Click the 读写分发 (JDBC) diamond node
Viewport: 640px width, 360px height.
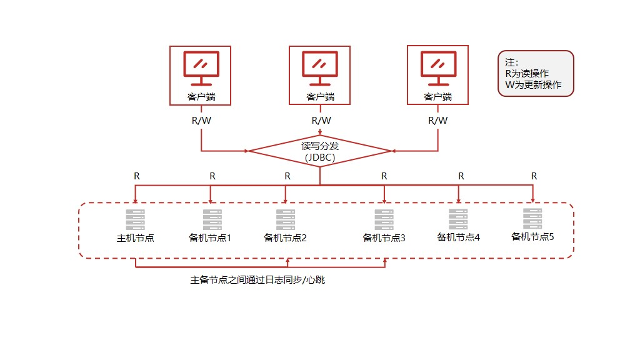coord(320,151)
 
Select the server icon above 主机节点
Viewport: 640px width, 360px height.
coord(135,220)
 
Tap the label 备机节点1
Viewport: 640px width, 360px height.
coord(210,238)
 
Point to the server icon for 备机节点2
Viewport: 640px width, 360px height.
coord(285,220)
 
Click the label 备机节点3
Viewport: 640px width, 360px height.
coord(384,238)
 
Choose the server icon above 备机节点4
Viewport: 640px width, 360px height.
coord(458,219)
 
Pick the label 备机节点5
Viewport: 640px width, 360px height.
coord(533,236)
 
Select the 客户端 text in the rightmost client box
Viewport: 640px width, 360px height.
coord(437,97)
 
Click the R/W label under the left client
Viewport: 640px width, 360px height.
coord(201,121)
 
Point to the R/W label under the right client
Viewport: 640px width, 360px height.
coord(437,121)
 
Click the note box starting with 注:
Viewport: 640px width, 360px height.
coord(536,74)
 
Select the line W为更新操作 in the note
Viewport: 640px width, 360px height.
coord(533,85)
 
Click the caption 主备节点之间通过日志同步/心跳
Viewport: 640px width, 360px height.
coord(257,280)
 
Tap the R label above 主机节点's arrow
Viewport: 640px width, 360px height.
coord(136,176)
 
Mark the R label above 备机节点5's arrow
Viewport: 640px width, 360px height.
coord(534,176)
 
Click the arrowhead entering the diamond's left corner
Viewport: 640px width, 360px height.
coord(247,151)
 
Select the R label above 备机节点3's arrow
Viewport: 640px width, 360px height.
coord(384,176)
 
